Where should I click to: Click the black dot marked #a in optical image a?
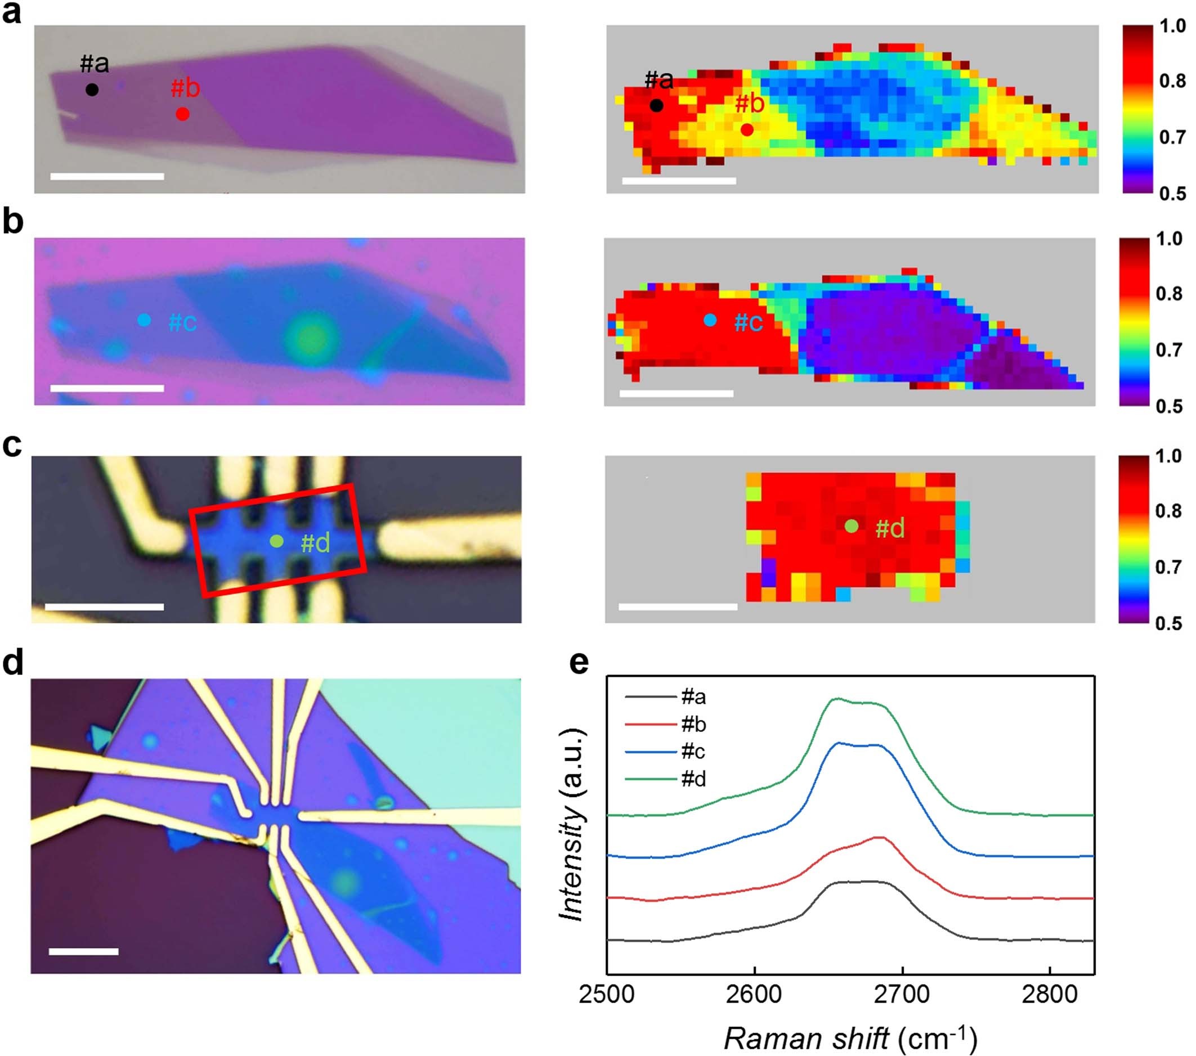coord(92,89)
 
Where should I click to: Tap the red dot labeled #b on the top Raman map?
coord(747,130)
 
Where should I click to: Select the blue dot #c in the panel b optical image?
coord(144,320)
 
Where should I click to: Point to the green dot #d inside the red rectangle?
coord(277,541)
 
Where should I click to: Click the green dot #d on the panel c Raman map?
coord(852,526)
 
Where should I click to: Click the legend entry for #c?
coord(693,751)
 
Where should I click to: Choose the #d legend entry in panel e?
coord(693,779)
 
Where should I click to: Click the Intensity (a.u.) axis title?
coord(572,825)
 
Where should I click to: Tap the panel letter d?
coord(13,663)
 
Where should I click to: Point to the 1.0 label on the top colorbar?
coord(1172,26)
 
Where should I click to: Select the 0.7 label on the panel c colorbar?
coord(1168,567)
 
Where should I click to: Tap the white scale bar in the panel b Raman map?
coord(677,394)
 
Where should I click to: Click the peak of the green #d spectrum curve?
coord(836,699)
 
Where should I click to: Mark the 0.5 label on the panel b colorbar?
coord(1168,406)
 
